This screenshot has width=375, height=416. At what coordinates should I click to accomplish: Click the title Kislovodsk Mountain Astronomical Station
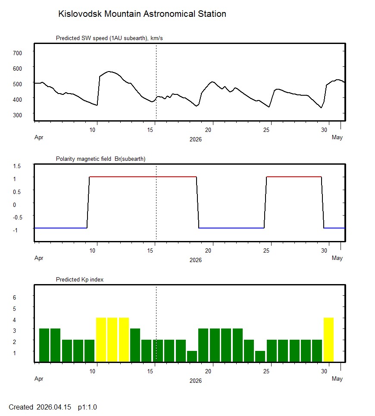point(142,14)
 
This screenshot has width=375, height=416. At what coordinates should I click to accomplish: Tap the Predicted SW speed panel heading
point(109,38)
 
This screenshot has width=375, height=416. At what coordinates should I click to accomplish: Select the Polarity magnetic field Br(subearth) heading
point(100,159)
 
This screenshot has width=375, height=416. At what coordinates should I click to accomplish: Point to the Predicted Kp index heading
point(80,279)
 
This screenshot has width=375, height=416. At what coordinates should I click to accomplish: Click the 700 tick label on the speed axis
point(17,53)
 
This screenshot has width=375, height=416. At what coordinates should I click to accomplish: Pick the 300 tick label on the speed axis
point(17,114)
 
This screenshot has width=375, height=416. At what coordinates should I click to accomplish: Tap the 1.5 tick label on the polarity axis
point(17,166)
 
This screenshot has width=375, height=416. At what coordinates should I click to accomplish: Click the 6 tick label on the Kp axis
point(14,297)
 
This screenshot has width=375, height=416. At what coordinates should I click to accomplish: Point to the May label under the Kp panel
point(337,379)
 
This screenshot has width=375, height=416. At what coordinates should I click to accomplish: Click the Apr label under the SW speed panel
point(39,138)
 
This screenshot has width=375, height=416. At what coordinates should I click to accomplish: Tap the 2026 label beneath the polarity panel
point(195,260)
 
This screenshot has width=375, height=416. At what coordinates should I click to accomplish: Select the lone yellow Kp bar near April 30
point(328,340)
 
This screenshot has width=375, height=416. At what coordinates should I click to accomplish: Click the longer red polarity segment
point(142,177)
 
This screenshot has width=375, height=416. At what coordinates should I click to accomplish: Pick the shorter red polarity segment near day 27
point(294,177)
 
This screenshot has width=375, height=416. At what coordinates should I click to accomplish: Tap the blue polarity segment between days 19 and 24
point(231,228)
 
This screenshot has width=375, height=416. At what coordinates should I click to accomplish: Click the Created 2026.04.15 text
point(39,407)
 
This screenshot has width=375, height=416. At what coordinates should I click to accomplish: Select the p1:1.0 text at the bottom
point(87,407)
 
